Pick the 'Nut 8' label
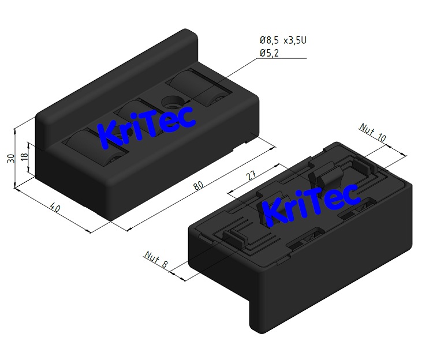pos(156,260)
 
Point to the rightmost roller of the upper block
pos(197,87)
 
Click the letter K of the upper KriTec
pos(110,134)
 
